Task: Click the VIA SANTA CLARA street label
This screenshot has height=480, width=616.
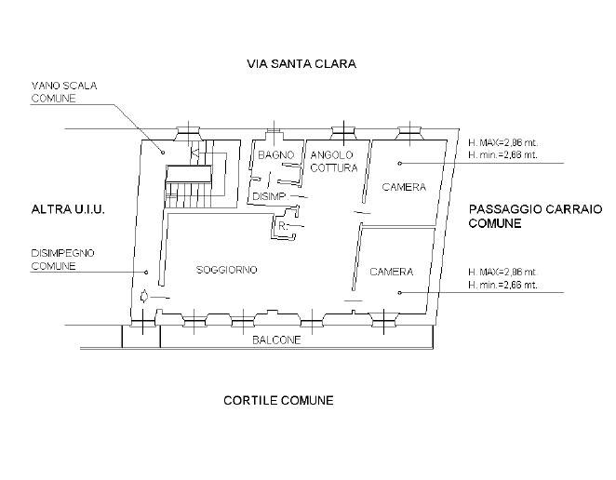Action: (301, 63)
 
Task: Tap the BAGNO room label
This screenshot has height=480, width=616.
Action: (275, 155)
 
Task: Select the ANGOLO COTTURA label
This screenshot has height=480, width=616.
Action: (333, 162)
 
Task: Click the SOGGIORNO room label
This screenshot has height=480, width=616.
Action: (227, 270)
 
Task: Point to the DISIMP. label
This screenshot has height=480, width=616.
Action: (270, 196)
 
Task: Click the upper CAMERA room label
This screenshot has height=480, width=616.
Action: (404, 187)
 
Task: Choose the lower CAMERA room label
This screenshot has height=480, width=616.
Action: (392, 272)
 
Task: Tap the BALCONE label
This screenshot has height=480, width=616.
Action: (276, 340)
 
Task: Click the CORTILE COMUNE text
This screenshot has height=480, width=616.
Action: (278, 401)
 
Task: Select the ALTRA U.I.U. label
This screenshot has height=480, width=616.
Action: (68, 209)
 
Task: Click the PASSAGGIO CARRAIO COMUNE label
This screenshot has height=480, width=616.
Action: (535, 216)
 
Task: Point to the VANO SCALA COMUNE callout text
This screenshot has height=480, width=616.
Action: (64, 92)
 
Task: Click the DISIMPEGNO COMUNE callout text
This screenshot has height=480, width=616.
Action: (63, 260)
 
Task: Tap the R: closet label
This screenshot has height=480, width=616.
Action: (283, 227)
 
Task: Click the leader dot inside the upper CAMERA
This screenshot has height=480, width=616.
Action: (399, 164)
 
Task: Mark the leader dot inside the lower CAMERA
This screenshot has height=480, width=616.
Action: (399, 293)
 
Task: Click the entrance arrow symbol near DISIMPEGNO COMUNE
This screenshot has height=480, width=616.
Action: (144, 296)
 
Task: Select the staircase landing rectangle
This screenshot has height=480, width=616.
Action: (189, 174)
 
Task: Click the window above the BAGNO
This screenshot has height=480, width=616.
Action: (274, 133)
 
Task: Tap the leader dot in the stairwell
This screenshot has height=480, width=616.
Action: (162, 153)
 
